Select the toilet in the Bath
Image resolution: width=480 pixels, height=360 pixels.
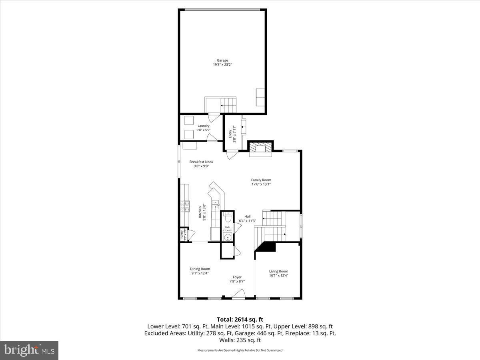coord(228,219)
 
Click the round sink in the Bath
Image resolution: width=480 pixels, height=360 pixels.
coord(228,238)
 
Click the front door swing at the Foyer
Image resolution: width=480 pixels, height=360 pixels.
coord(239,295)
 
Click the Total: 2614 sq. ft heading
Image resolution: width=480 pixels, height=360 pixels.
coord(240,319)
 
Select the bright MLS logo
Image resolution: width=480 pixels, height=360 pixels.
coord(29,350)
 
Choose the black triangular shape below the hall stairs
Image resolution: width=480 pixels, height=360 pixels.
coord(266,248)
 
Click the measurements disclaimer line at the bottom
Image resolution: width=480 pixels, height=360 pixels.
coord(240,350)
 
